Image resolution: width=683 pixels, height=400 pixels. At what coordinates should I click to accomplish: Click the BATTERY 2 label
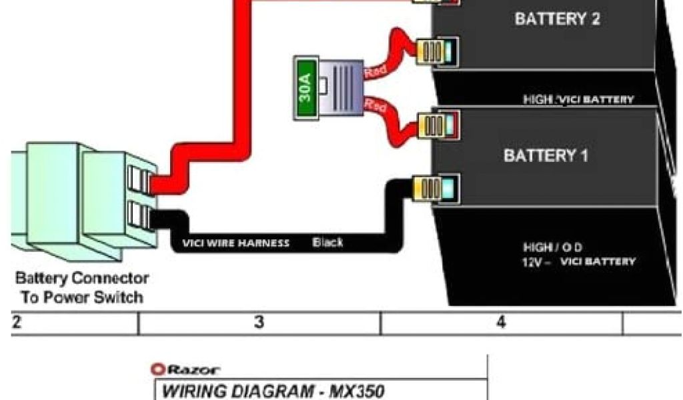pos(557,19)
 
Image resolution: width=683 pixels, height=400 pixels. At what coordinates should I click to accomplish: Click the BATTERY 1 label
pos(546,156)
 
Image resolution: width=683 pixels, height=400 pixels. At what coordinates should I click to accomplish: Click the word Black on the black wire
pos(327,242)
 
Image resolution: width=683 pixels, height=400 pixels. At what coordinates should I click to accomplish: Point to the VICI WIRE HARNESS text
pos(236,243)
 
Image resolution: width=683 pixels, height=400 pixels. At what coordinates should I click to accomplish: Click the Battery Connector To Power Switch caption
pos(82,287)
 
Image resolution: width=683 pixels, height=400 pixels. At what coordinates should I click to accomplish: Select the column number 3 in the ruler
pos(259,323)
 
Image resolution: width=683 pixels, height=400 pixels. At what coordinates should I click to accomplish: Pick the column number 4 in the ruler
pos(501,323)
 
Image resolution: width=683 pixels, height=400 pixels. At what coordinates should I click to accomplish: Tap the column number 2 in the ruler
pos(16,323)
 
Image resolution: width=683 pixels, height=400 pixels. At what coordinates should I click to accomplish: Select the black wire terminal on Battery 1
pos(437,187)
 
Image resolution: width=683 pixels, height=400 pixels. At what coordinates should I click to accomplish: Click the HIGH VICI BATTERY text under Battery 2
pos(578,100)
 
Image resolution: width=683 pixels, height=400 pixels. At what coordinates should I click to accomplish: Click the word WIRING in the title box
pos(194,391)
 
